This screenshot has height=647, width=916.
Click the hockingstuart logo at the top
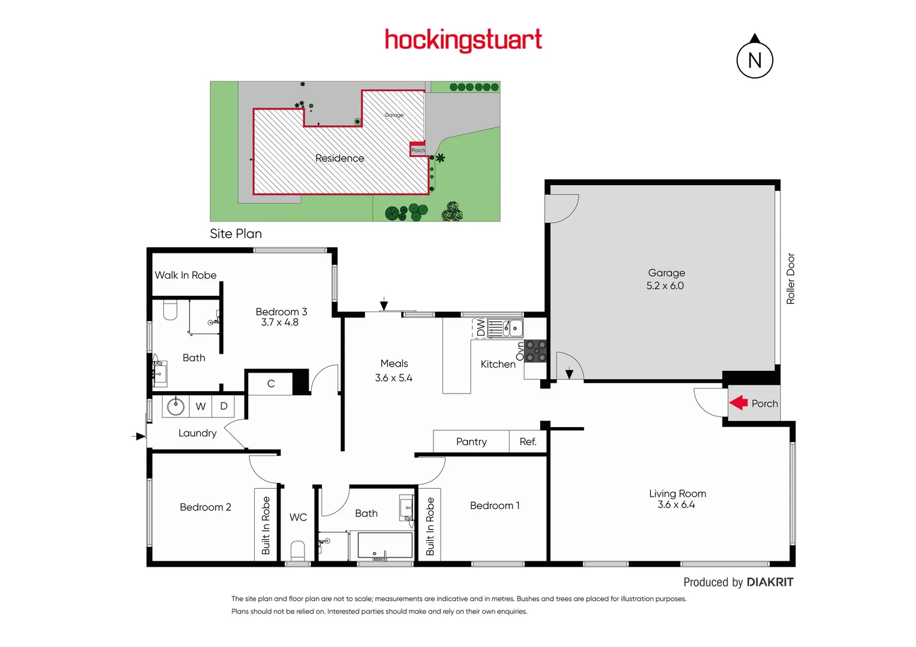[x=463, y=40]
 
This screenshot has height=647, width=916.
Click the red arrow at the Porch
[x=739, y=403]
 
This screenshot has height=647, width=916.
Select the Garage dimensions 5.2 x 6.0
[x=665, y=286]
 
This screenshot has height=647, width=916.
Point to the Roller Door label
[x=790, y=279]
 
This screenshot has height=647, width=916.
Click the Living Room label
[x=677, y=494]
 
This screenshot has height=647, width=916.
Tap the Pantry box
[x=471, y=442]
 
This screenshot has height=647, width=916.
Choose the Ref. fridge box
[x=528, y=442]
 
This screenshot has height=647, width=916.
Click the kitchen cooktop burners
[x=536, y=351]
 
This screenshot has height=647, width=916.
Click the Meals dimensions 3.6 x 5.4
[x=393, y=378]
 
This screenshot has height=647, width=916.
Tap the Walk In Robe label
[x=185, y=275]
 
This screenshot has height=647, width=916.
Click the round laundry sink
[x=176, y=406]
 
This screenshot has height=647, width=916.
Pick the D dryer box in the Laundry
[x=224, y=406]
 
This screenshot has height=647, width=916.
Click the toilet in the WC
[x=298, y=549]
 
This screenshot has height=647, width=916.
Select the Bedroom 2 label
[x=205, y=507]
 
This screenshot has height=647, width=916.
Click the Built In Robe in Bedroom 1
[x=430, y=526]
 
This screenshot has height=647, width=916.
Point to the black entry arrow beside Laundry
[x=139, y=436]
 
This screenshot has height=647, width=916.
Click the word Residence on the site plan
[x=339, y=158]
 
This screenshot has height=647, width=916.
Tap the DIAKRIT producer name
[x=770, y=582]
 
